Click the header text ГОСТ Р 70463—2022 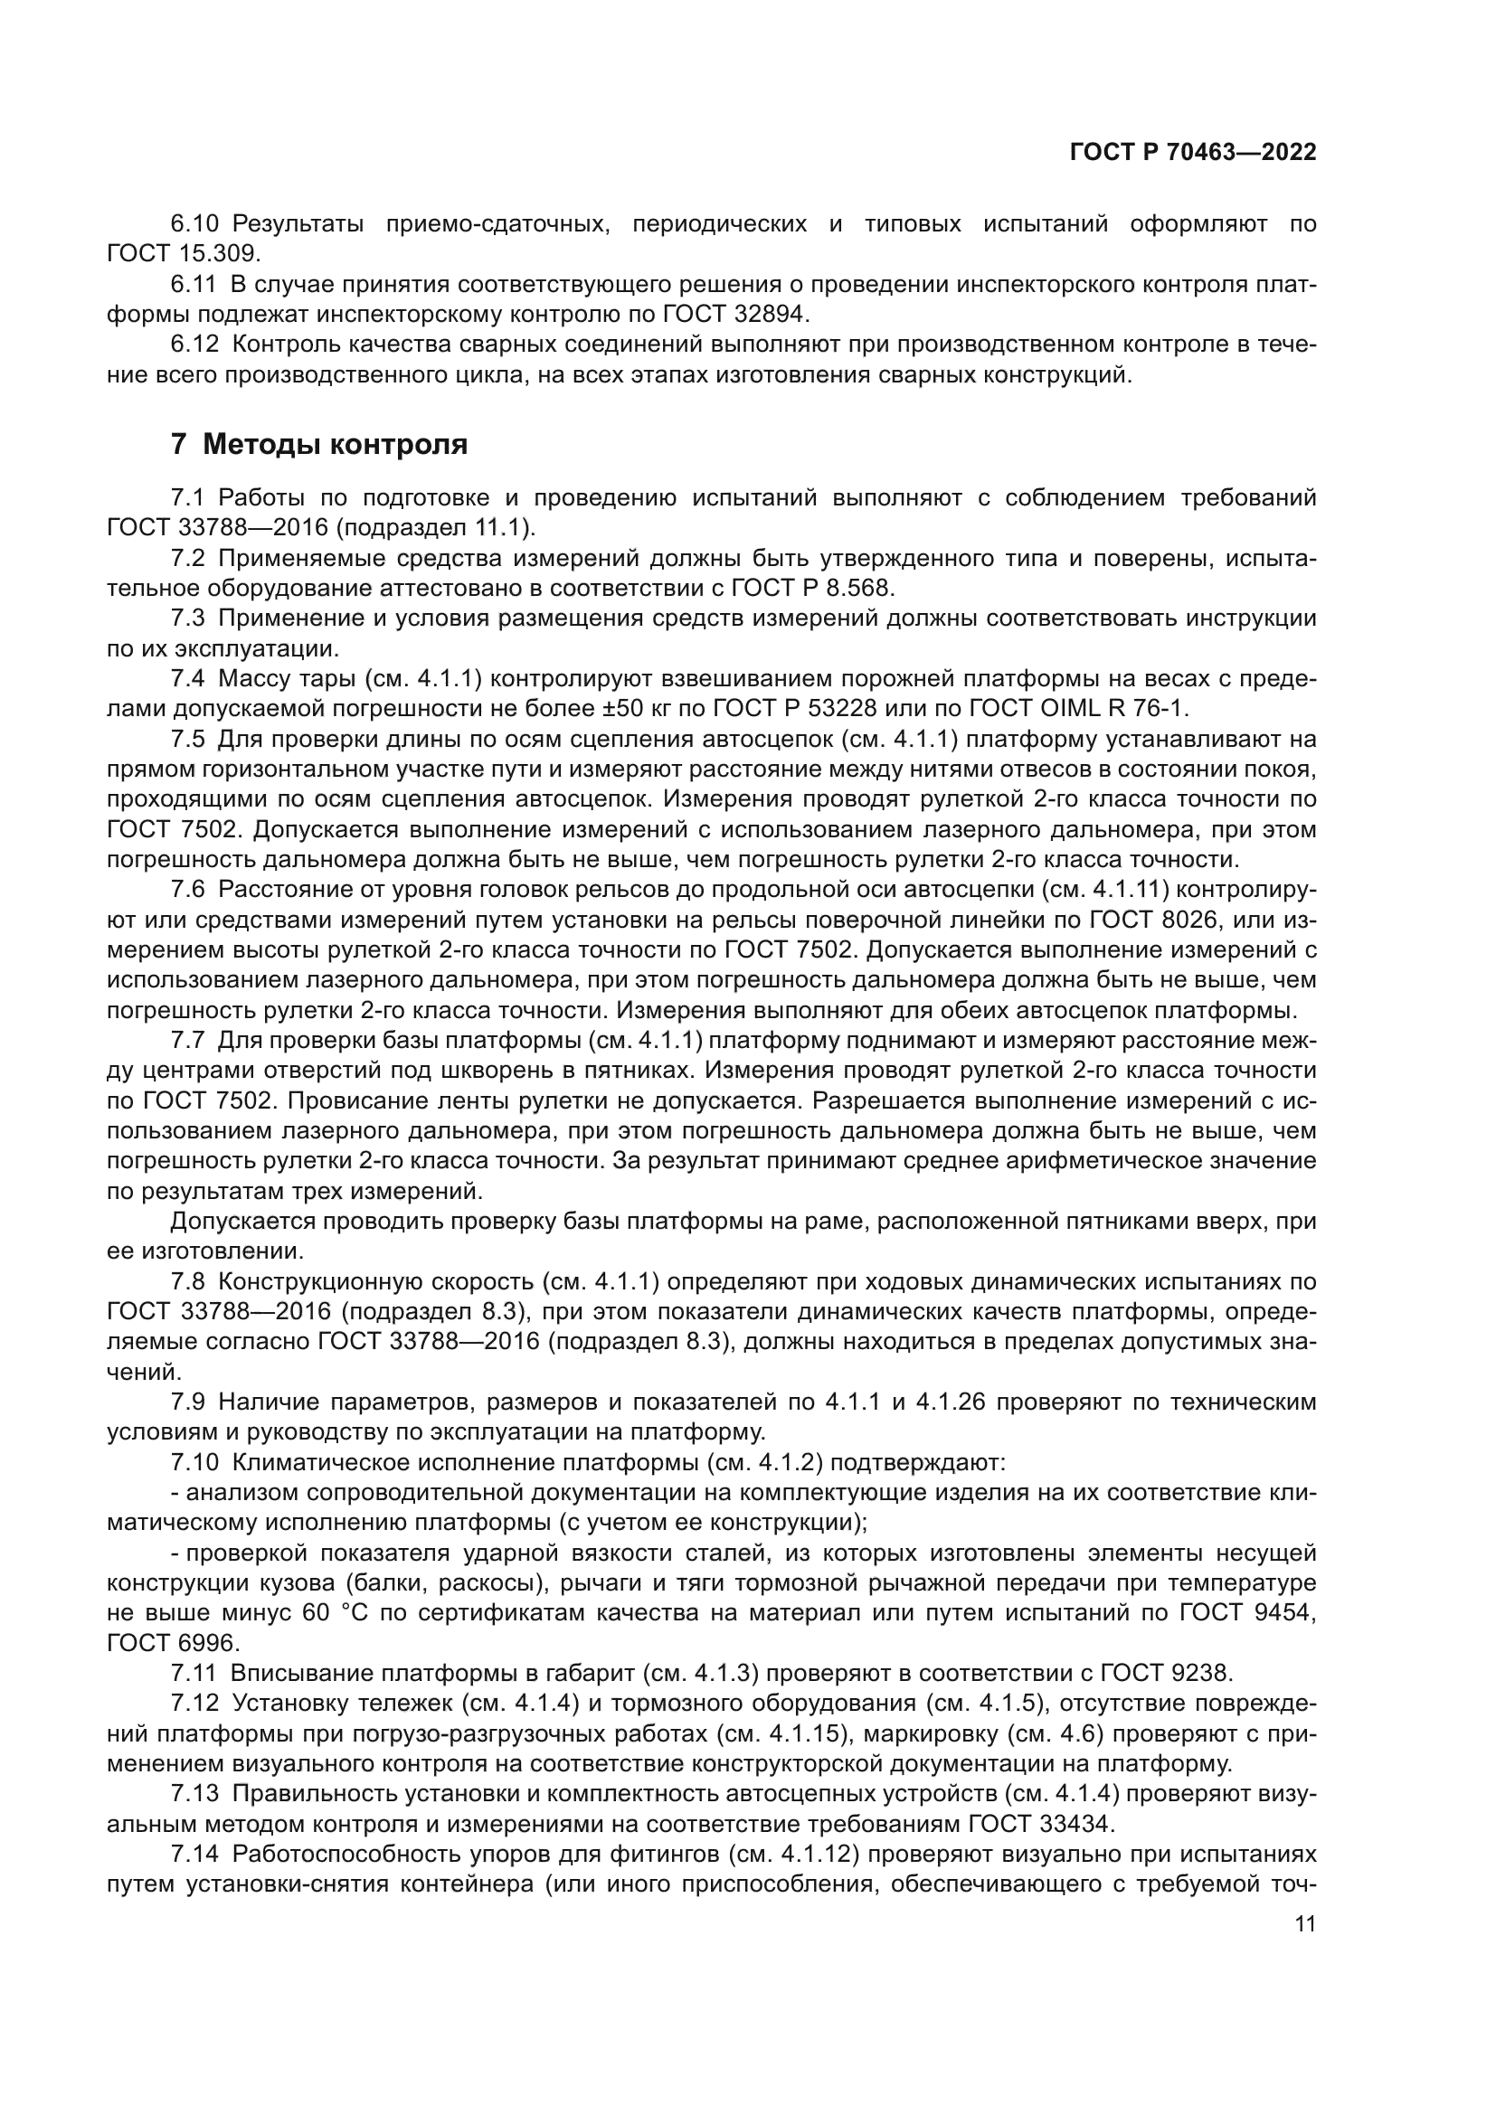[x=1193, y=153]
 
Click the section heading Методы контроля [x=335, y=445]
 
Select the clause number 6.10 [x=194, y=224]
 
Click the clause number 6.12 [x=194, y=345]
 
